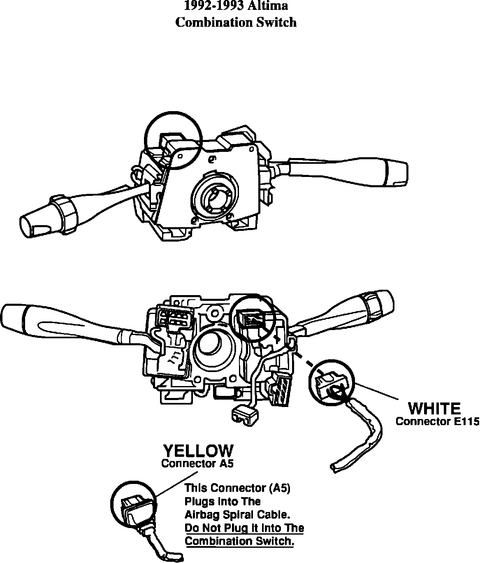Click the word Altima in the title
point(267,6)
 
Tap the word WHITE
point(434,409)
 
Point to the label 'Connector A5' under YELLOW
point(197,463)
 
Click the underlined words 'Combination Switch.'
point(239,541)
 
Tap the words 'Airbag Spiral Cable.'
point(237,514)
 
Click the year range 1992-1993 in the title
point(214,6)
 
